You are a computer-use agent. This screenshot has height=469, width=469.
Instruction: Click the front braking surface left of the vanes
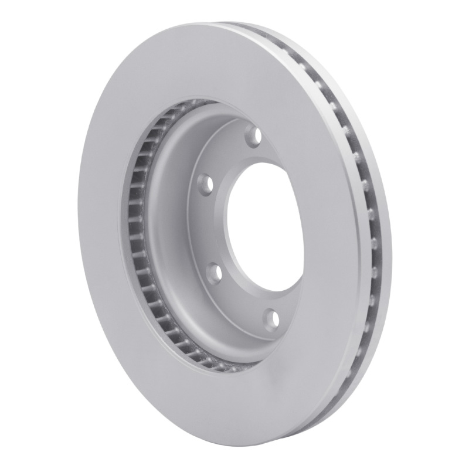click(100, 235)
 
